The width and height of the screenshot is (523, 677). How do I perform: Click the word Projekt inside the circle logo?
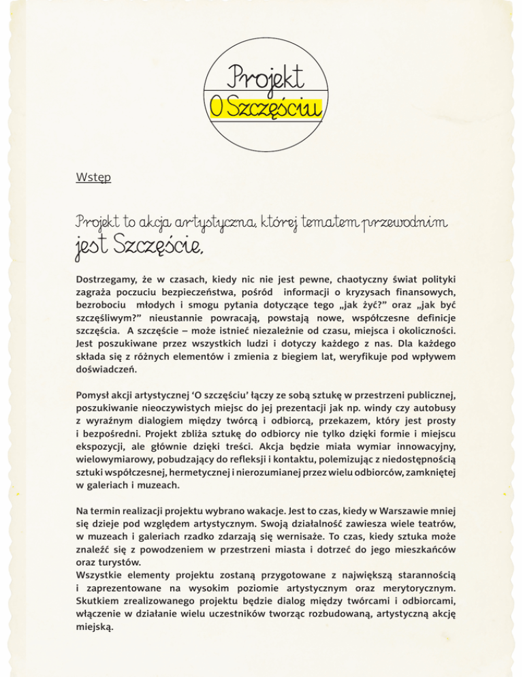pos(266,77)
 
